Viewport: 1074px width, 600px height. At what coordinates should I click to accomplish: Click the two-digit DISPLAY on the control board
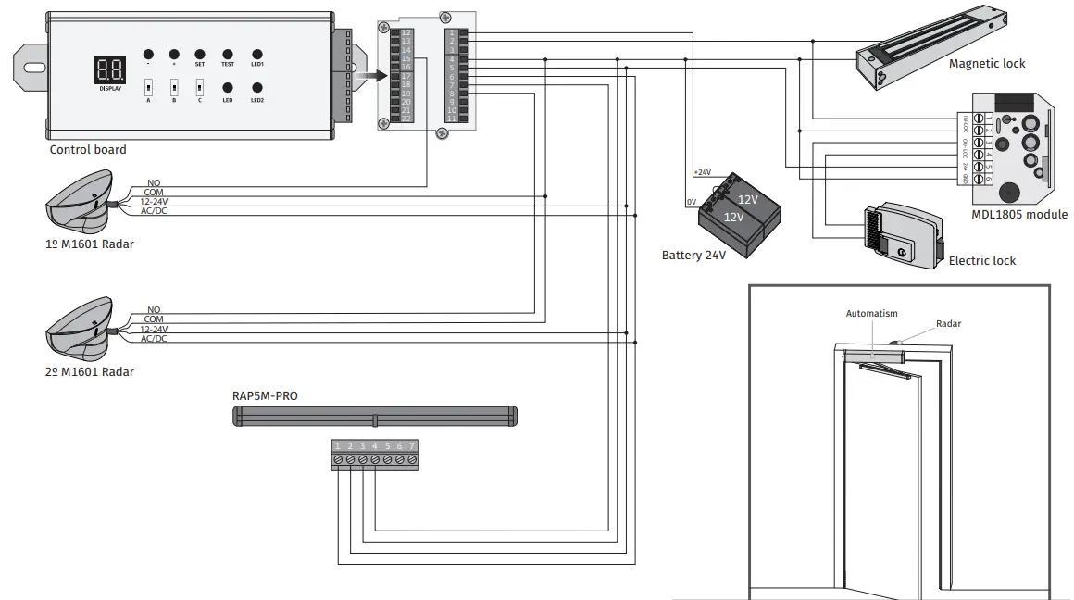click(110, 69)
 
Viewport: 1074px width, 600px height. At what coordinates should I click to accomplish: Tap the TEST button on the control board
click(228, 55)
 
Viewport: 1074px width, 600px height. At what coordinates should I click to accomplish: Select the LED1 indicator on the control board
click(257, 55)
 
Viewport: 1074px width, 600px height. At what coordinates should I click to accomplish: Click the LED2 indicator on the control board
click(257, 88)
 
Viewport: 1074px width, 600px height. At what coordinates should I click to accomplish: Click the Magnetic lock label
click(987, 64)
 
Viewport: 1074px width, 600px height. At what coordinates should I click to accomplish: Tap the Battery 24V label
click(693, 255)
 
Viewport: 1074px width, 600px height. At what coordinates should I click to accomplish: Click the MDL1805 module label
click(1019, 215)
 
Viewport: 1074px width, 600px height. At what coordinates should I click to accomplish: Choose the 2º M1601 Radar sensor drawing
click(79, 330)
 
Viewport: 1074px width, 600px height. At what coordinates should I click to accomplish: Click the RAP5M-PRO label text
click(265, 395)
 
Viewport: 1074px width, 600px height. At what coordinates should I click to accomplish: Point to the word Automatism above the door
click(871, 314)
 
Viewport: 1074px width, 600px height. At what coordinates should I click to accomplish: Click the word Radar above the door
click(948, 324)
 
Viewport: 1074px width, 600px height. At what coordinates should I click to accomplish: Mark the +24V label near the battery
click(702, 172)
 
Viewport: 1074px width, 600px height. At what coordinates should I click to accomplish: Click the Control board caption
click(88, 150)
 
